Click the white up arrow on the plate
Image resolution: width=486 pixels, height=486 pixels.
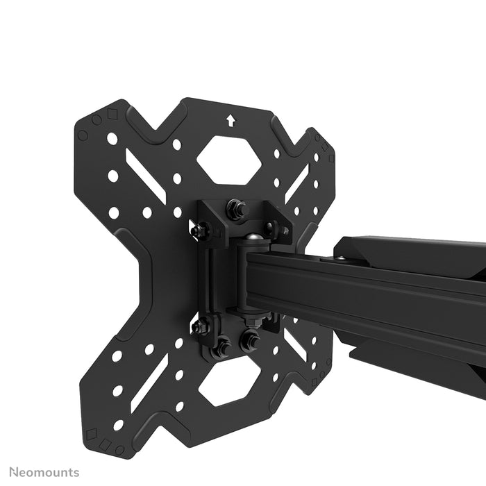231,120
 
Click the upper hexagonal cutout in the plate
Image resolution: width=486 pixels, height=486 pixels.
228,159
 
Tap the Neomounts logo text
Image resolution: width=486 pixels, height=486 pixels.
40,473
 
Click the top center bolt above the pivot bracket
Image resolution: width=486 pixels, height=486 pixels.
237,208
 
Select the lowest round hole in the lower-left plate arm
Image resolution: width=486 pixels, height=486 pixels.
119,424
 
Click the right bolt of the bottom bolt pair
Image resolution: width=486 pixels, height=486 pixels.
249,340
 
